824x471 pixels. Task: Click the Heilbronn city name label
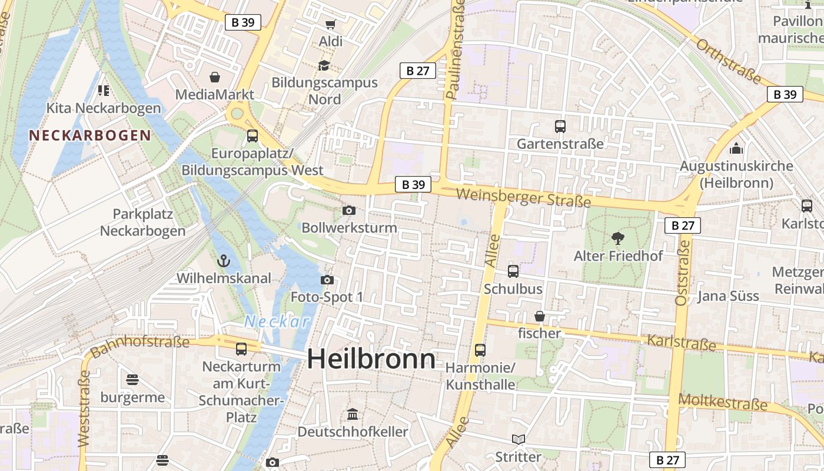[371, 359]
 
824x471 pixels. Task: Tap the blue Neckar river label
[277, 321]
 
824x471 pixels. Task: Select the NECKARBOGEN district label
[90, 135]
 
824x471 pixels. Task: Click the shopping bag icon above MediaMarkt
[215, 77]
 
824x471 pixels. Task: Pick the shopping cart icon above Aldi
[330, 24]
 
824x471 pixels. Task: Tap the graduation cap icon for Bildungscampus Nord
[324, 65]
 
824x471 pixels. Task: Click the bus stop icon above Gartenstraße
[560, 126]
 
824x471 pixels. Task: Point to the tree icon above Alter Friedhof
[617, 238]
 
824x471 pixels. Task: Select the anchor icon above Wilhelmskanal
[224, 260]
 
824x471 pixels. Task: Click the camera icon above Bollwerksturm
[349, 210]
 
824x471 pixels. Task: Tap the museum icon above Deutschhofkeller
[352, 414]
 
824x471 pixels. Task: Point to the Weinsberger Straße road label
[523, 197]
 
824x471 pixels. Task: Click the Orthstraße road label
[729, 61]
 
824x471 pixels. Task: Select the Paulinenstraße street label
[455, 48]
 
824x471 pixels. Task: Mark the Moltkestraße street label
[723, 403]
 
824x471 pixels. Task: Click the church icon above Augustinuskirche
[736, 148]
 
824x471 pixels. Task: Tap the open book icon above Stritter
[518, 439]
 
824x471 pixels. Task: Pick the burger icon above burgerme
[132, 379]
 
